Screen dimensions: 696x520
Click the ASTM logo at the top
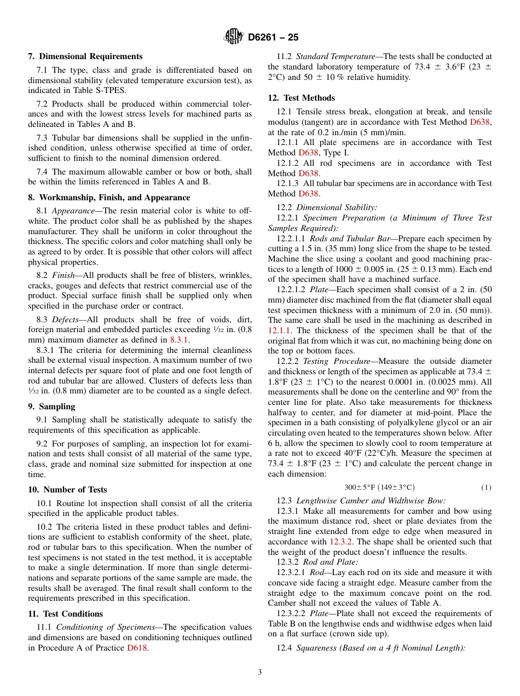(x=234, y=37)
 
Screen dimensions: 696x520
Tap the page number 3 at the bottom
(x=260, y=672)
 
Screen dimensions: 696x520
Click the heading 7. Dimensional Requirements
(x=85, y=56)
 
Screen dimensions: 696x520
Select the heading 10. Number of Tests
(x=67, y=490)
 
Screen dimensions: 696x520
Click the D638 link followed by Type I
(x=308, y=153)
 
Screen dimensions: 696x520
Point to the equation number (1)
(x=486, y=488)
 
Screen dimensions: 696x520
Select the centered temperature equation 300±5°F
(x=379, y=488)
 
